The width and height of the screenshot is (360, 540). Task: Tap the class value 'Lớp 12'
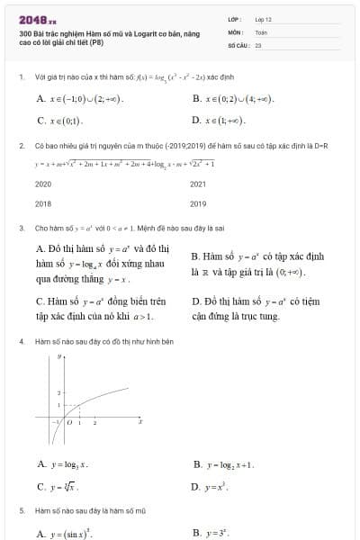[264, 18]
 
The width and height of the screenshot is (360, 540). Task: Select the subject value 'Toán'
[262, 31]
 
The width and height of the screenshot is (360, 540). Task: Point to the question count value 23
[258, 43]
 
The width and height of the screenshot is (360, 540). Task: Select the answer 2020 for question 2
[43, 183]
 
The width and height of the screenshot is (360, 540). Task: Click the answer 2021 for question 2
[199, 183]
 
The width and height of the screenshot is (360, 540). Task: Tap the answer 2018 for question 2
[43, 203]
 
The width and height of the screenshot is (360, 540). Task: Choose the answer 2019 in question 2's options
[199, 203]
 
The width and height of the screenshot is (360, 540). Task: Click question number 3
[21, 229]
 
